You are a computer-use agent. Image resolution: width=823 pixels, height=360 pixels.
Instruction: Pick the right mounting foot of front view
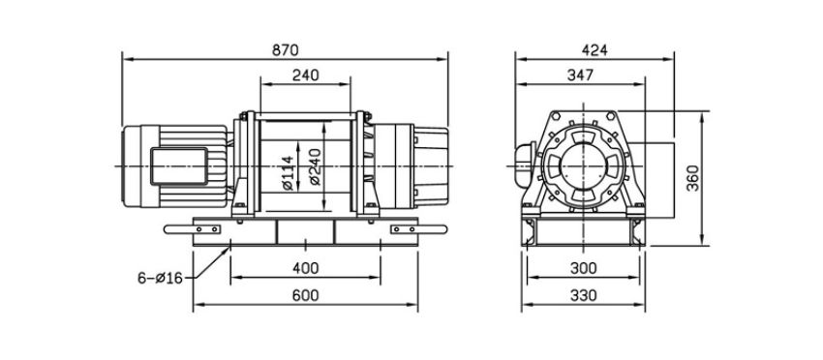tap(407, 229)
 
